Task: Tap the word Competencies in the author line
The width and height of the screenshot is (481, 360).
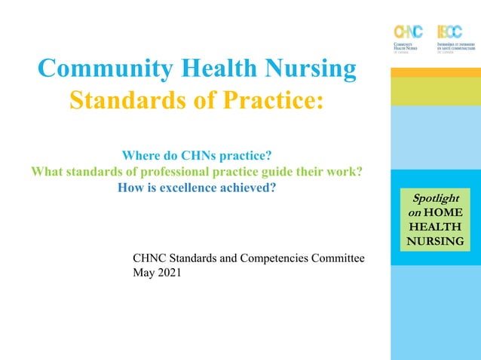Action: pos(266,258)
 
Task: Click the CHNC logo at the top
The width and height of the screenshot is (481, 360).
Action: pos(408,37)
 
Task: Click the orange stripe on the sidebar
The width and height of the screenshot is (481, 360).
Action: pos(436,72)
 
